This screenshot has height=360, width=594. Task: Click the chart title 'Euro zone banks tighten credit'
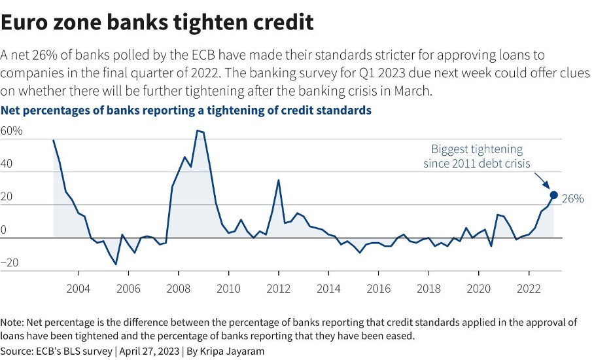pyautogui.click(x=158, y=22)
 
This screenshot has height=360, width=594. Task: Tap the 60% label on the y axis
pyautogui.click(x=12, y=131)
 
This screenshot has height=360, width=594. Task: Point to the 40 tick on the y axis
pyautogui.click(x=8, y=164)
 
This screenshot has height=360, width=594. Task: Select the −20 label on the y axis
pyautogui.click(x=10, y=263)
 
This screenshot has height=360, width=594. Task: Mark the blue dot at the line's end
pyautogui.click(x=553, y=195)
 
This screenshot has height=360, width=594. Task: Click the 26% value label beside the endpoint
pyautogui.click(x=572, y=198)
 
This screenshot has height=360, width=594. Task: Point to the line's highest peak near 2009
pyautogui.click(x=197, y=131)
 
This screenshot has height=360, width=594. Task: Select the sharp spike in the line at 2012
pyautogui.click(x=279, y=180)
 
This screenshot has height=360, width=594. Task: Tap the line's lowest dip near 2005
pyautogui.click(x=116, y=264)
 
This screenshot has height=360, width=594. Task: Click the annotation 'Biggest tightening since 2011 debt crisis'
pyautogui.click(x=476, y=156)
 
